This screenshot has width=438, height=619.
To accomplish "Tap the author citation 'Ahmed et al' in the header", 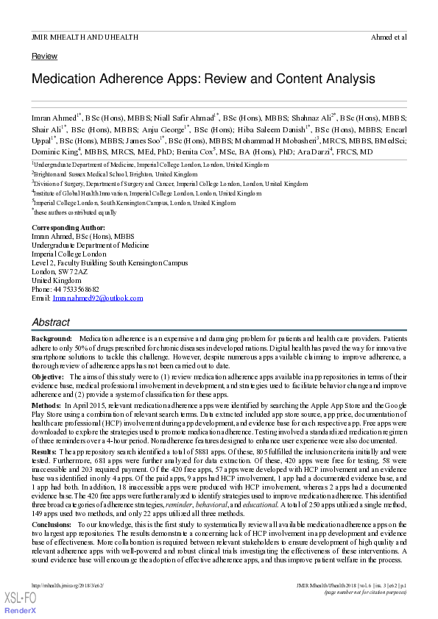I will click(389, 36).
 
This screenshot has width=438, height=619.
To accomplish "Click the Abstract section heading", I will click(51, 322).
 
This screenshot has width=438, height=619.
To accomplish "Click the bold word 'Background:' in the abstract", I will click(52, 336).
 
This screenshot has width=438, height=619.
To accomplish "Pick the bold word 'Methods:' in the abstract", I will click(46, 405).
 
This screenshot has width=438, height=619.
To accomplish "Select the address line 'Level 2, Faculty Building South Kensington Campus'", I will click(110, 262).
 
